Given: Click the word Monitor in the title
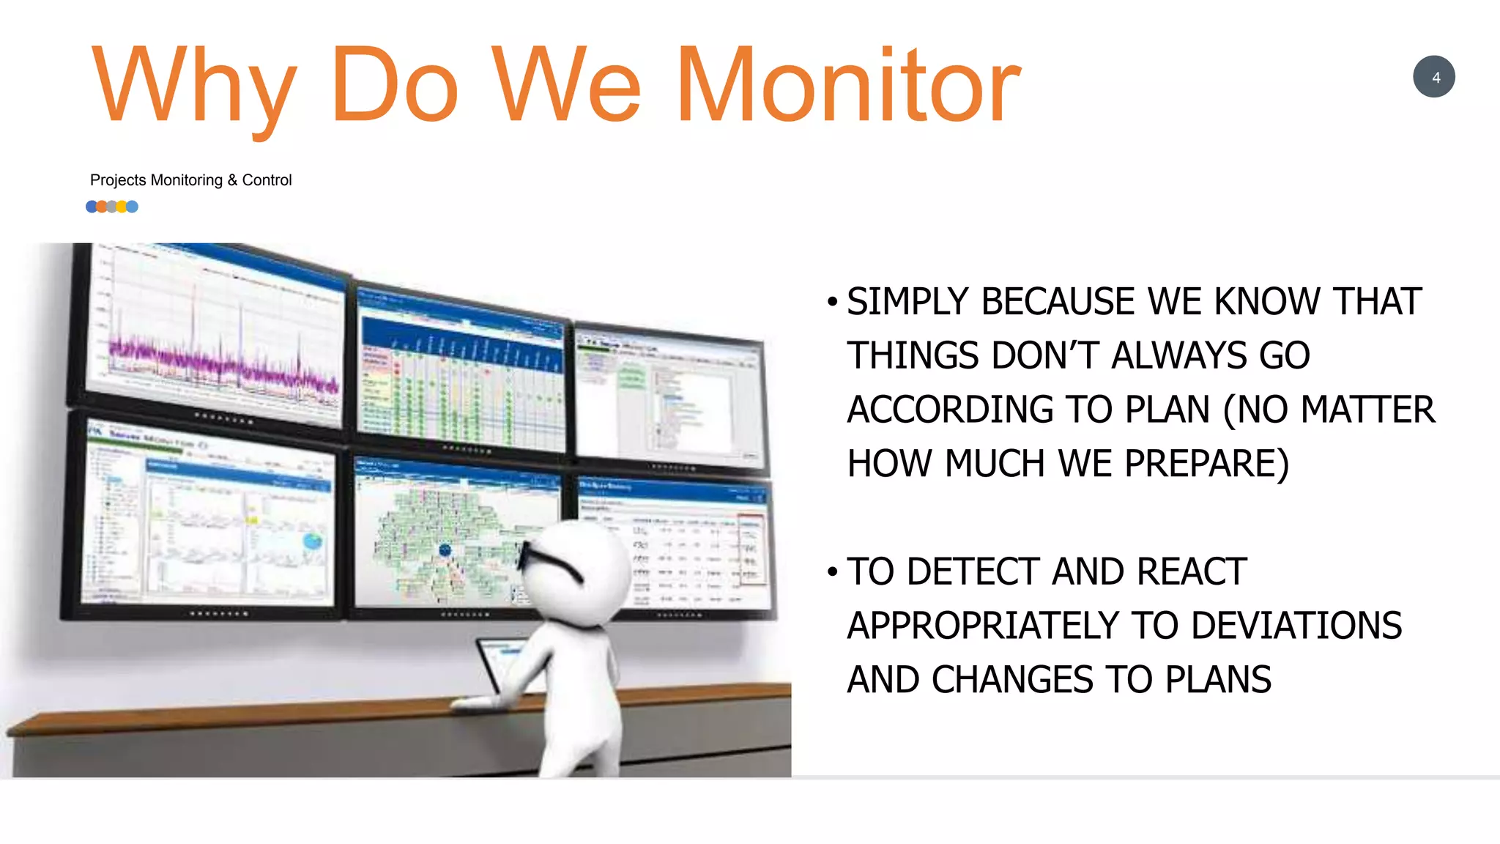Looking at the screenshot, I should pos(847,86).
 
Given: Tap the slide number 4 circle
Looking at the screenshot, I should pos(1433,77).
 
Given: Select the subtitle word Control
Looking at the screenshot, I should pos(267,180).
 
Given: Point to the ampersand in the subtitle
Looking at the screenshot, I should pos(232,180).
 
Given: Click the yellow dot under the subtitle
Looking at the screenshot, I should pos(122,207).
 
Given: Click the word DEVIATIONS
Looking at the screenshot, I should pos(1296,626).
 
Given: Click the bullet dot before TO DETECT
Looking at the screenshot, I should pos(832,571).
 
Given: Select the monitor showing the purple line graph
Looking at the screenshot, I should pos(212,337).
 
